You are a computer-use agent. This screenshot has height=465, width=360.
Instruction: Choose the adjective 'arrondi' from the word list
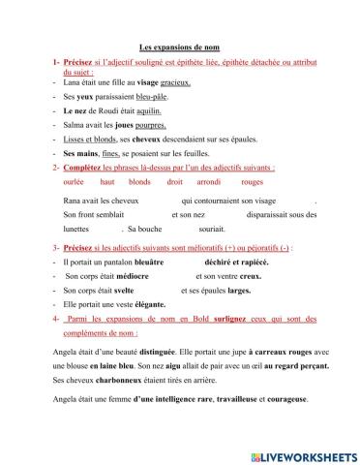[208, 181]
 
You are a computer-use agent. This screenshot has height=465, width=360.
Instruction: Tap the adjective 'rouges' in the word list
[253, 181]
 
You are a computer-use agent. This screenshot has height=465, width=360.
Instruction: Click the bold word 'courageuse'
[285, 399]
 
